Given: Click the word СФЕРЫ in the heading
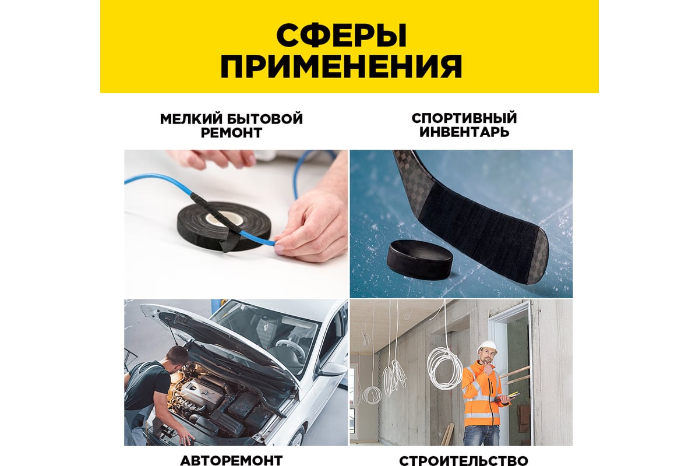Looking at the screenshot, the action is pyautogui.click(x=341, y=36).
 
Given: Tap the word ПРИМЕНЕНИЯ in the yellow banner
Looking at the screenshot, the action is pyautogui.click(x=341, y=66).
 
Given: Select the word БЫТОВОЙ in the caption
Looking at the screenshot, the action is pyautogui.click(x=264, y=119).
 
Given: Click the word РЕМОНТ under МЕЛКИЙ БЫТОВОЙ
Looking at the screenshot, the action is pyautogui.click(x=231, y=133).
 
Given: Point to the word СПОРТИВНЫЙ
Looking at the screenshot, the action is pyautogui.click(x=464, y=119).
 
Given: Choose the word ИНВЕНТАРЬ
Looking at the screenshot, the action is pyautogui.click(x=464, y=132).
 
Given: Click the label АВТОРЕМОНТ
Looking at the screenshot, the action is pyautogui.click(x=231, y=460).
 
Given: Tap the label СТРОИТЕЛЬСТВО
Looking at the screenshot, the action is pyautogui.click(x=464, y=461).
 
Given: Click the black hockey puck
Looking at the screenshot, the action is pyautogui.click(x=420, y=259).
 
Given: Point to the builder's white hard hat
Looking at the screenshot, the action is pyautogui.click(x=487, y=345).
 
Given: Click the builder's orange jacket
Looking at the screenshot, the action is pyautogui.click(x=482, y=394).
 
